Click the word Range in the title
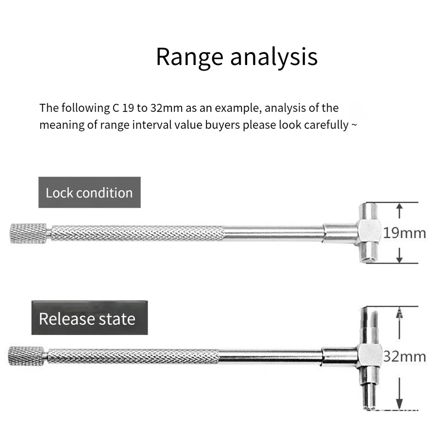point(189,57)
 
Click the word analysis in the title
point(274,57)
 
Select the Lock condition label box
point(89,192)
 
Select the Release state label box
point(89,319)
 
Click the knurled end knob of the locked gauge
point(28,233)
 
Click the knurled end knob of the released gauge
point(26,356)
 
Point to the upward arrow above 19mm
point(400,211)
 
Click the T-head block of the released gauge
point(369,356)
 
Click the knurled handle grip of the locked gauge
point(138,233)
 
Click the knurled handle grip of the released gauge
point(133,356)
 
